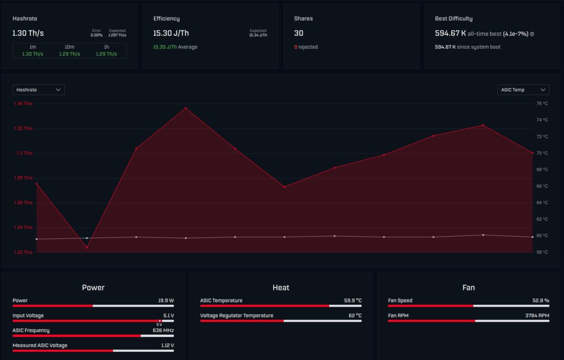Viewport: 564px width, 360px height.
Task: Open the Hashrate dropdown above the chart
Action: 39,90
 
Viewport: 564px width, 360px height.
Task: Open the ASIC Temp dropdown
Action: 523,90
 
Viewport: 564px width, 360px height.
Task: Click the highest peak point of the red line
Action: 186,108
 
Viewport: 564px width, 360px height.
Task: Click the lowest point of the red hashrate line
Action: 86,248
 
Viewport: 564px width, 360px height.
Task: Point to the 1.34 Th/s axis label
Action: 23,103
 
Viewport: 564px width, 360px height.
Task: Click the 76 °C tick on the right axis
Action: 542,103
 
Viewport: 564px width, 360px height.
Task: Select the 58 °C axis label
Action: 542,252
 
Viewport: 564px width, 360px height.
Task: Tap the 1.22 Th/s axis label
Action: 23,252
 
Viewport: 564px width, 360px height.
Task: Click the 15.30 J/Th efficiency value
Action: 171,33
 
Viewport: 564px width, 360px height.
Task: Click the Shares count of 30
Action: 299,33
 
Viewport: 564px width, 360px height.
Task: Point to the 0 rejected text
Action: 306,47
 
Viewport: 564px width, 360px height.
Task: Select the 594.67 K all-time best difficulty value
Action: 451,33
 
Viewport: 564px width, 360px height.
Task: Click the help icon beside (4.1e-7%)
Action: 532,34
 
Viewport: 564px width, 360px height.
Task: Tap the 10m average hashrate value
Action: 69,54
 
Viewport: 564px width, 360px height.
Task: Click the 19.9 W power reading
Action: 166,301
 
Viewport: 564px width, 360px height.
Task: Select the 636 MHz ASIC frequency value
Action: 163,330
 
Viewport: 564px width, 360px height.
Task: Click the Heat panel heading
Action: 281,287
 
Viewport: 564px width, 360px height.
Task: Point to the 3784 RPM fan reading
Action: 537,315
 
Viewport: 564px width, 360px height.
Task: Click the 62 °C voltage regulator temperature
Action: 355,315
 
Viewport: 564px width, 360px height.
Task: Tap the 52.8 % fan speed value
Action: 541,301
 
